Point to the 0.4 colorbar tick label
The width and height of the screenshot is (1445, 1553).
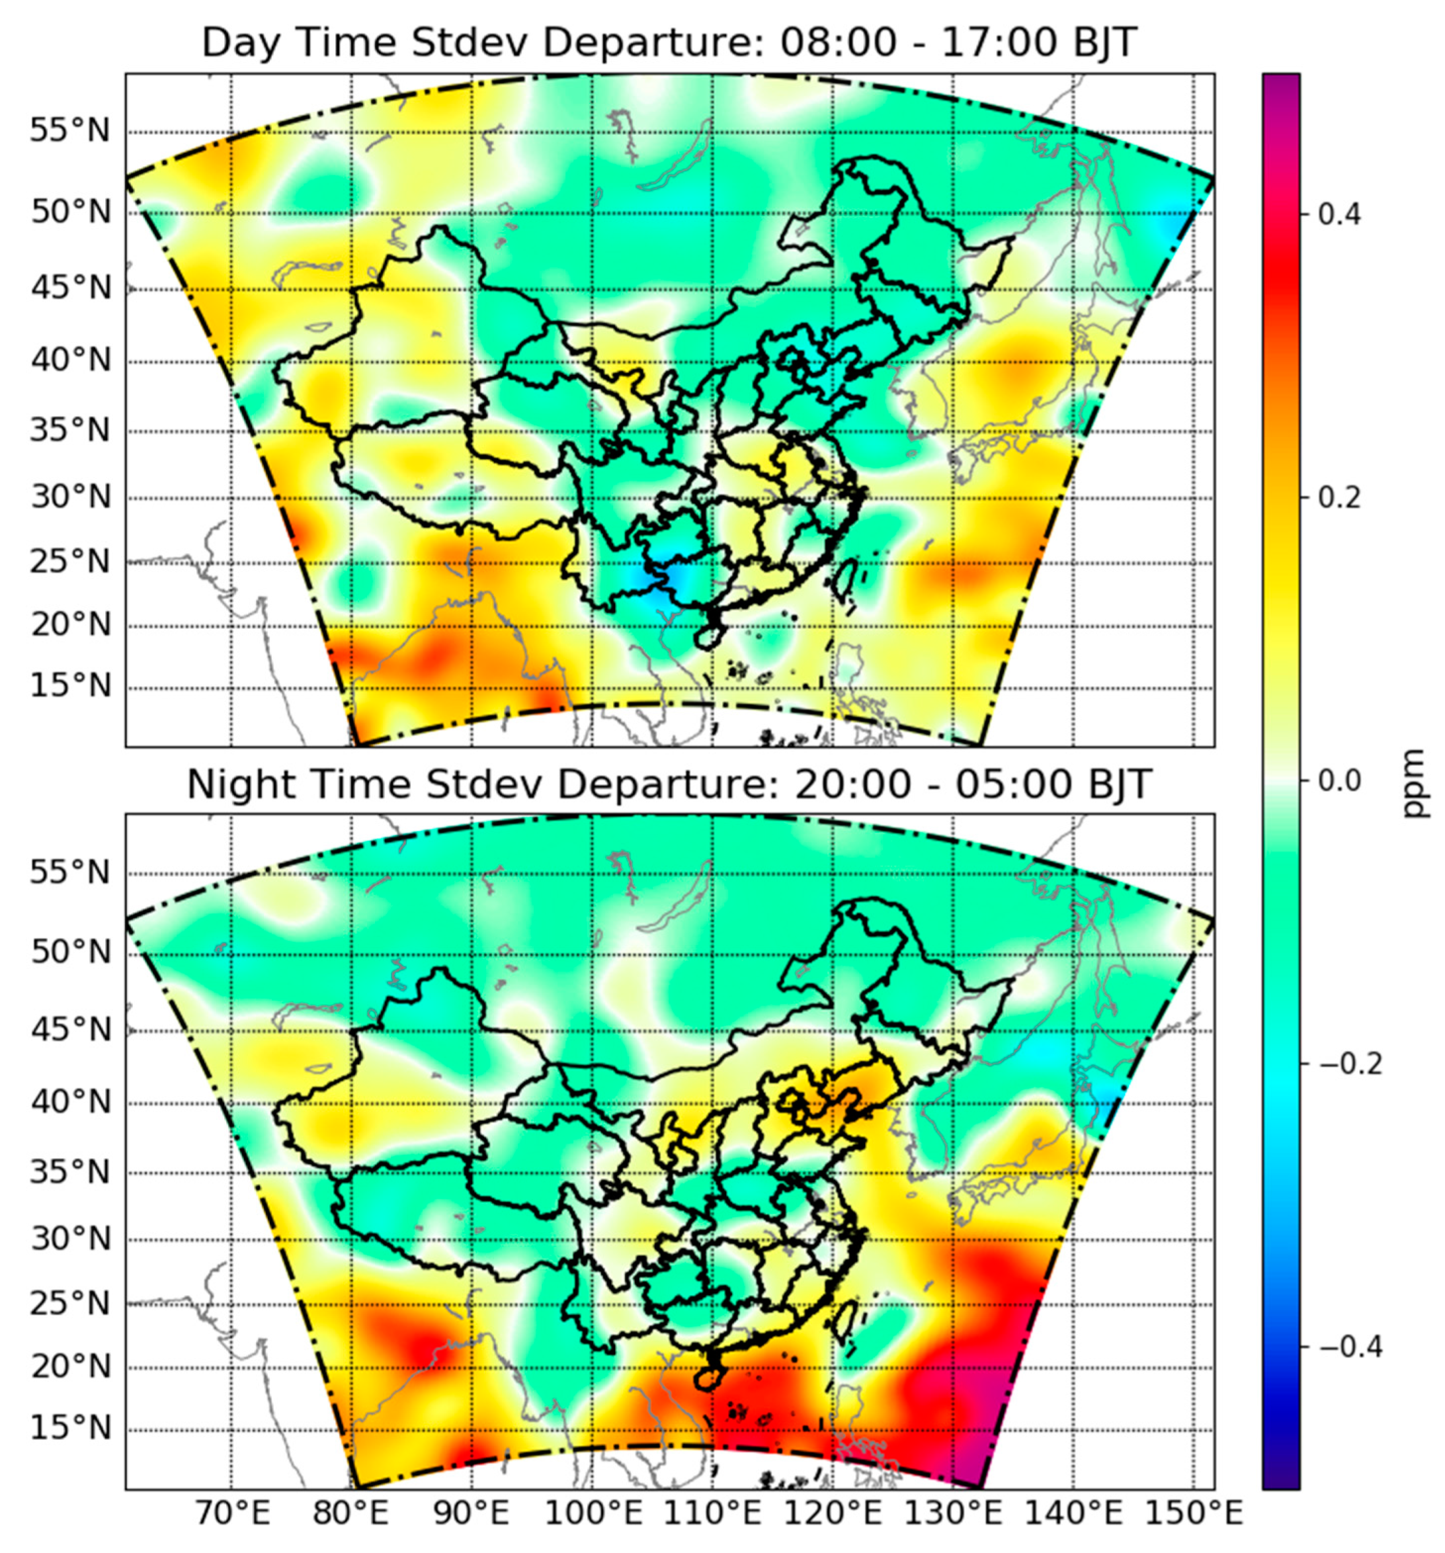(1339, 214)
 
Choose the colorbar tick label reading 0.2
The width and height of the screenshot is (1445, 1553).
(1339, 497)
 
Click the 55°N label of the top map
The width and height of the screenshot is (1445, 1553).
(70, 131)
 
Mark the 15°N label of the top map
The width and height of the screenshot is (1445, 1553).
(70, 687)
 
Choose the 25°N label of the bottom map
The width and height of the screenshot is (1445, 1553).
(70, 1303)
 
